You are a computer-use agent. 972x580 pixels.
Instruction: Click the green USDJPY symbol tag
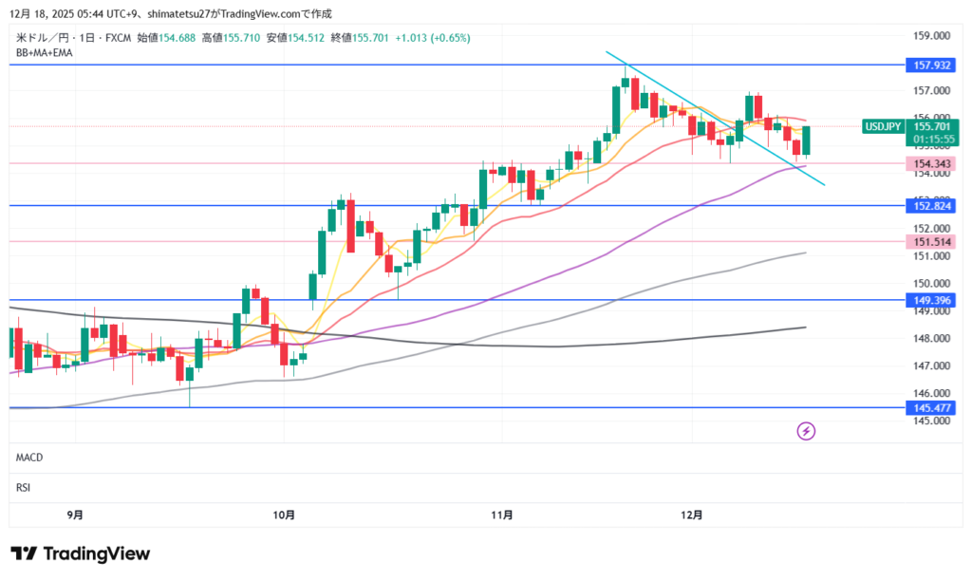pyautogui.click(x=883, y=126)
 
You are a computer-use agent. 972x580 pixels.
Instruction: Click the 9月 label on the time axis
pyautogui.click(x=75, y=515)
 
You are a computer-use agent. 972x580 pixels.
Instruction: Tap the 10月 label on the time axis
pyautogui.click(x=283, y=515)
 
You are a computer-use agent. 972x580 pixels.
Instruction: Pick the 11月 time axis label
pyautogui.click(x=502, y=515)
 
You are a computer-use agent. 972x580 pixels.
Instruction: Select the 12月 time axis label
pyautogui.click(x=692, y=515)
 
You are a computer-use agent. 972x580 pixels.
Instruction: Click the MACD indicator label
pyautogui.click(x=29, y=458)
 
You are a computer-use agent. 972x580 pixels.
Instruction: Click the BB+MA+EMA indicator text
pyautogui.click(x=45, y=53)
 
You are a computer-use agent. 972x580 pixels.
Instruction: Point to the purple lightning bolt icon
pyautogui.click(x=806, y=431)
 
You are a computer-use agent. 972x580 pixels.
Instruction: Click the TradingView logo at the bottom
pyautogui.click(x=81, y=553)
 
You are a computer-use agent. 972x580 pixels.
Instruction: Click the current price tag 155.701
pyautogui.click(x=931, y=126)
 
